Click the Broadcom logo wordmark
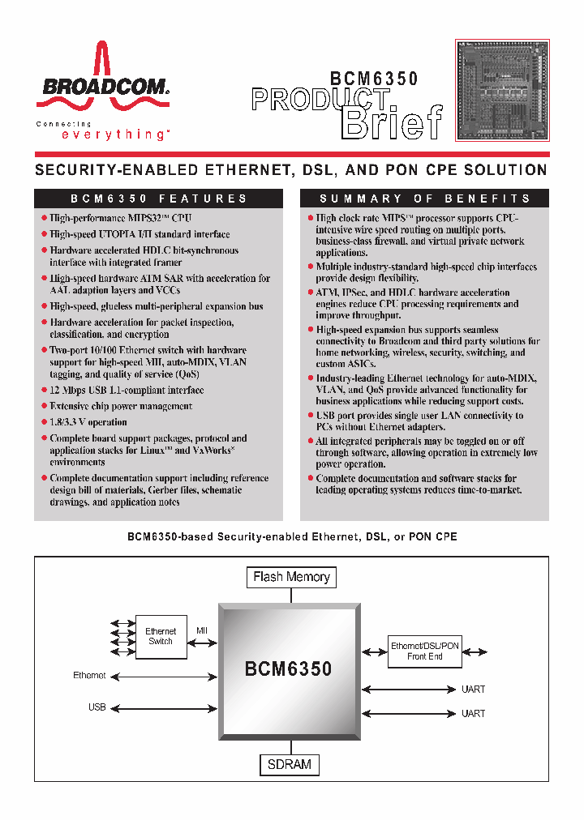(101, 87)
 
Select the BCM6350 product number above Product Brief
(374, 79)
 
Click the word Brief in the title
(393, 122)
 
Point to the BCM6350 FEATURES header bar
(158, 199)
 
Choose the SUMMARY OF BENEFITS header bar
(424, 199)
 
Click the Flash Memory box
(291, 577)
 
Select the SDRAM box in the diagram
(290, 764)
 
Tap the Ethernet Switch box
(161, 637)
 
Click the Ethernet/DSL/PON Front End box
(425, 651)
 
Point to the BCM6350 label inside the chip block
(289, 668)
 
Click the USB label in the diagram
(97, 707)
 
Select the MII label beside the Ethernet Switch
(202, 630)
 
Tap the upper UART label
(473, 690)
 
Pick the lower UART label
(473, 714)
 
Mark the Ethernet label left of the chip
(89, 675)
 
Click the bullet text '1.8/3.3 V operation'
(88, 422)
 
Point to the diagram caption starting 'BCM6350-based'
(291, 537)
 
